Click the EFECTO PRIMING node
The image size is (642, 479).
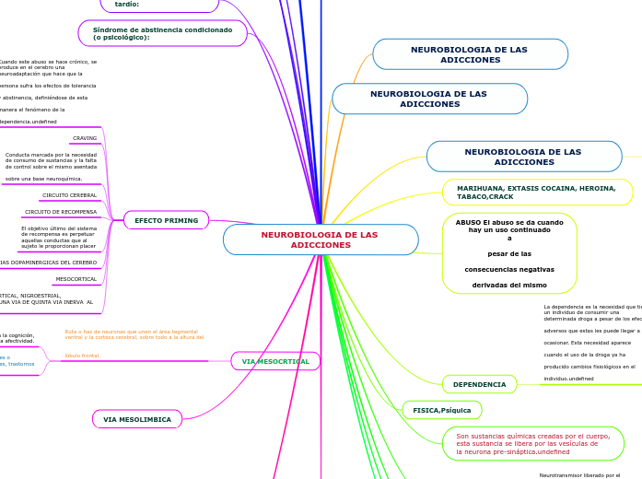166,220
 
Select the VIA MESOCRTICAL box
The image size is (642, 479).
275,361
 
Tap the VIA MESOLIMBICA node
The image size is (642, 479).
137,419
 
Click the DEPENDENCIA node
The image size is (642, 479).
479,384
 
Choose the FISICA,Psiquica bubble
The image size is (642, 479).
441,409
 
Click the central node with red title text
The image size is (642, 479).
320,239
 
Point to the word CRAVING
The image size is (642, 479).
85,138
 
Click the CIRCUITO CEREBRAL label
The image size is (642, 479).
69,195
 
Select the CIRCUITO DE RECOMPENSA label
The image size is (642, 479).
61,212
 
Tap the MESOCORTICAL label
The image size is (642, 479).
76,278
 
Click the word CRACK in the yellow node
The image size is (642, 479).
502,197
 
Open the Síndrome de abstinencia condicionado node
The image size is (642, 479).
162,33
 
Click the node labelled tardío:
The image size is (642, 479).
127,5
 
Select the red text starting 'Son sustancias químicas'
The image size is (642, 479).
532,443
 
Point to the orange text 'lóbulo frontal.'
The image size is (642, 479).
82,355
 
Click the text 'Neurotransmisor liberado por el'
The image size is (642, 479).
579,475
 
